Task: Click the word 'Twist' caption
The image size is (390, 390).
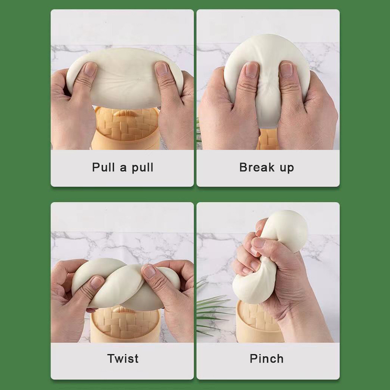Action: click(123, 358)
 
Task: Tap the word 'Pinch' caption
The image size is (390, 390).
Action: click(267, 358)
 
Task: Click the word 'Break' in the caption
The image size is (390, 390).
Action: click(257, 167)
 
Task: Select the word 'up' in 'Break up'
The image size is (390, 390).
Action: click(287, 168)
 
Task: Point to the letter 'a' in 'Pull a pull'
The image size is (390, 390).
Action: click(123, 168)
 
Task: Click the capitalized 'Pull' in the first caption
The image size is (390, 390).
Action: click(104, 167)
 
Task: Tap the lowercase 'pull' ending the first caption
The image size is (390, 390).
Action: click(142, 168)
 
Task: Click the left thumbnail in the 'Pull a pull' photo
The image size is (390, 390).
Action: click(90, 69)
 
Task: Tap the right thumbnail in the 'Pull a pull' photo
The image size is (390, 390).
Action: click(162, 69)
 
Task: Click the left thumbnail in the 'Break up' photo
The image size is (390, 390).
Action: click(251, 70)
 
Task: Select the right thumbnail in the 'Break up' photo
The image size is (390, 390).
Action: click(286, 70)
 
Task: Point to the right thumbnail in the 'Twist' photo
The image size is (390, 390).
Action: click(149, 272)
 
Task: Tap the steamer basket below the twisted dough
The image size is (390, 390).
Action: click(125, 325)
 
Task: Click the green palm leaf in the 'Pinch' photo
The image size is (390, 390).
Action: click(214, 308)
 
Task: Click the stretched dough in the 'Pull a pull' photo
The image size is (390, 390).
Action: click(125, 77)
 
